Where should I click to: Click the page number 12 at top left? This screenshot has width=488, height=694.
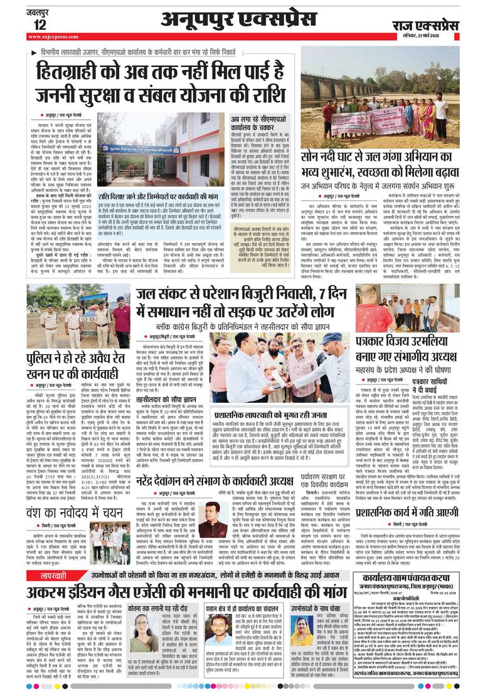40,24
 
